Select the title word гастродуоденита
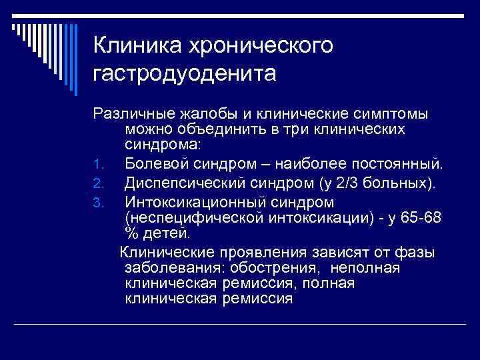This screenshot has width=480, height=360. click(x=185, y=73)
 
